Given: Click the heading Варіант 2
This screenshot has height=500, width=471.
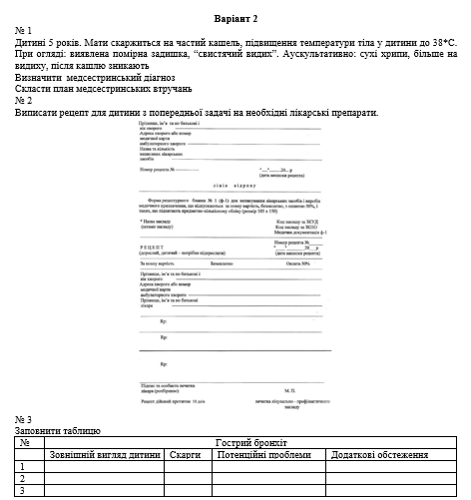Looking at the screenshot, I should (235, 19).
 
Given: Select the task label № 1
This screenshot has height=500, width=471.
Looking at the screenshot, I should (25, 32).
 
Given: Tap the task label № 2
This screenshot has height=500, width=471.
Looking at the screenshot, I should (25, 101).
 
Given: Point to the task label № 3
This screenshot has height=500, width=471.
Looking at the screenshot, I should (25, 419).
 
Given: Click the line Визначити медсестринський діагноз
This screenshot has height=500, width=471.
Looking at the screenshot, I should (95, 78).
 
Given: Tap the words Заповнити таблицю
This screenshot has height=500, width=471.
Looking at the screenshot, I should (58, 430).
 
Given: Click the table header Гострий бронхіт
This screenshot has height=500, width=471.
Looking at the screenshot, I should (250, 442).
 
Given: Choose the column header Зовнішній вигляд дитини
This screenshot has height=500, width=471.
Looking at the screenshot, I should (106, 454).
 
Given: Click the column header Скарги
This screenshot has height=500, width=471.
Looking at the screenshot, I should (187, 454).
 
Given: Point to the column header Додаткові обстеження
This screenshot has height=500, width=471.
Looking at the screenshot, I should (380, 454).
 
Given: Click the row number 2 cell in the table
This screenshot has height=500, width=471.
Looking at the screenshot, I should (22, 478).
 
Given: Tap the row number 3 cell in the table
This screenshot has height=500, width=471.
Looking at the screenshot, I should (22, 490).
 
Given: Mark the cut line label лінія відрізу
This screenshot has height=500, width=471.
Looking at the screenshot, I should (229, 186).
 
